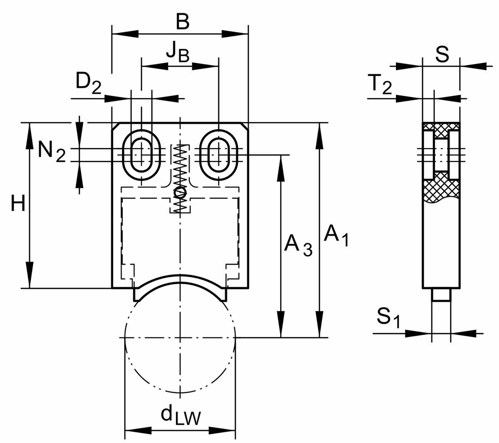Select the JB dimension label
[x=177, y=52]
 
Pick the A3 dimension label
[x=298, y=246]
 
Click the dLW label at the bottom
[x=180, y=416]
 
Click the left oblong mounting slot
[x=141, y=155]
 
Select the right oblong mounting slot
[x=219, y=155]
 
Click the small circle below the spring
[x=180, y=192]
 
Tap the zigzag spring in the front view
[x=180, y=175]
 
